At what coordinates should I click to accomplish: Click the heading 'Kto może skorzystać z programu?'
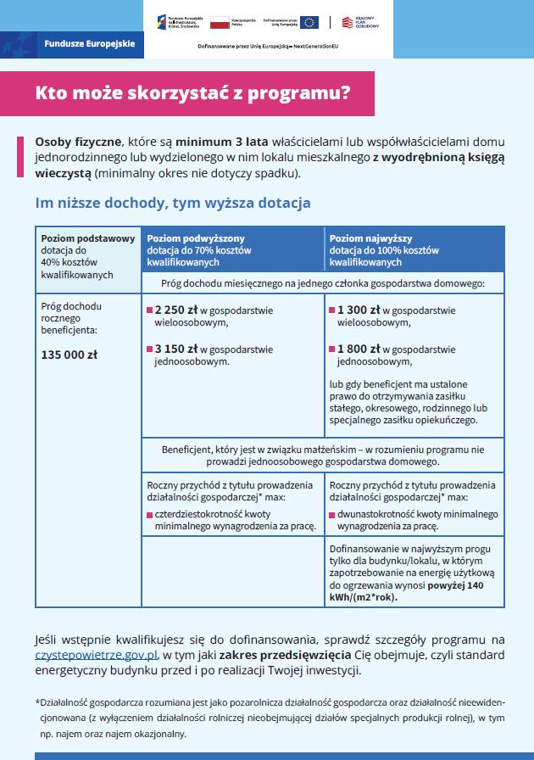[192, 93]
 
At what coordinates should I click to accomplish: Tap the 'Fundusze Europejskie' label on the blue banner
[89, 42]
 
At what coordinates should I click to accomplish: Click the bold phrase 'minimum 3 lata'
[214, 142]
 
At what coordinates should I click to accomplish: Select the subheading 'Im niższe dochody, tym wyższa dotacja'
[172, 204]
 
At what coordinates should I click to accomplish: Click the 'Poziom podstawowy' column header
[88, 238]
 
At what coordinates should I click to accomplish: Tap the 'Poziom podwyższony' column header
[196, 239]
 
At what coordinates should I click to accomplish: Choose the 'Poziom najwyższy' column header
[370, 239]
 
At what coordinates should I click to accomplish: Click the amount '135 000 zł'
[70, 355]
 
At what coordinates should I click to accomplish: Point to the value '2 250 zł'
[175, 310]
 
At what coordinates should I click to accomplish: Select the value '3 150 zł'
[175, 349]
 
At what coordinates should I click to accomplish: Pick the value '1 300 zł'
[358, 310]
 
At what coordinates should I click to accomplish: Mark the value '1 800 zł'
[358, 349]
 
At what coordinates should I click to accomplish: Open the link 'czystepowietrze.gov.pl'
[96, 655]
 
